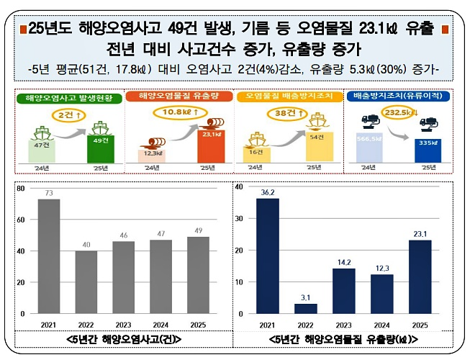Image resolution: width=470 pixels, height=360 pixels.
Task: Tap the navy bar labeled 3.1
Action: (x=306, y=309)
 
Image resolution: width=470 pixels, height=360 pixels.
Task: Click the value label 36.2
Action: (x=268, y=192)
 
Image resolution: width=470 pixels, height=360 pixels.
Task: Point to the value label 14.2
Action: (x=343, y=262)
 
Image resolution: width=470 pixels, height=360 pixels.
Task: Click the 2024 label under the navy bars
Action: (x=381, y=324)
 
